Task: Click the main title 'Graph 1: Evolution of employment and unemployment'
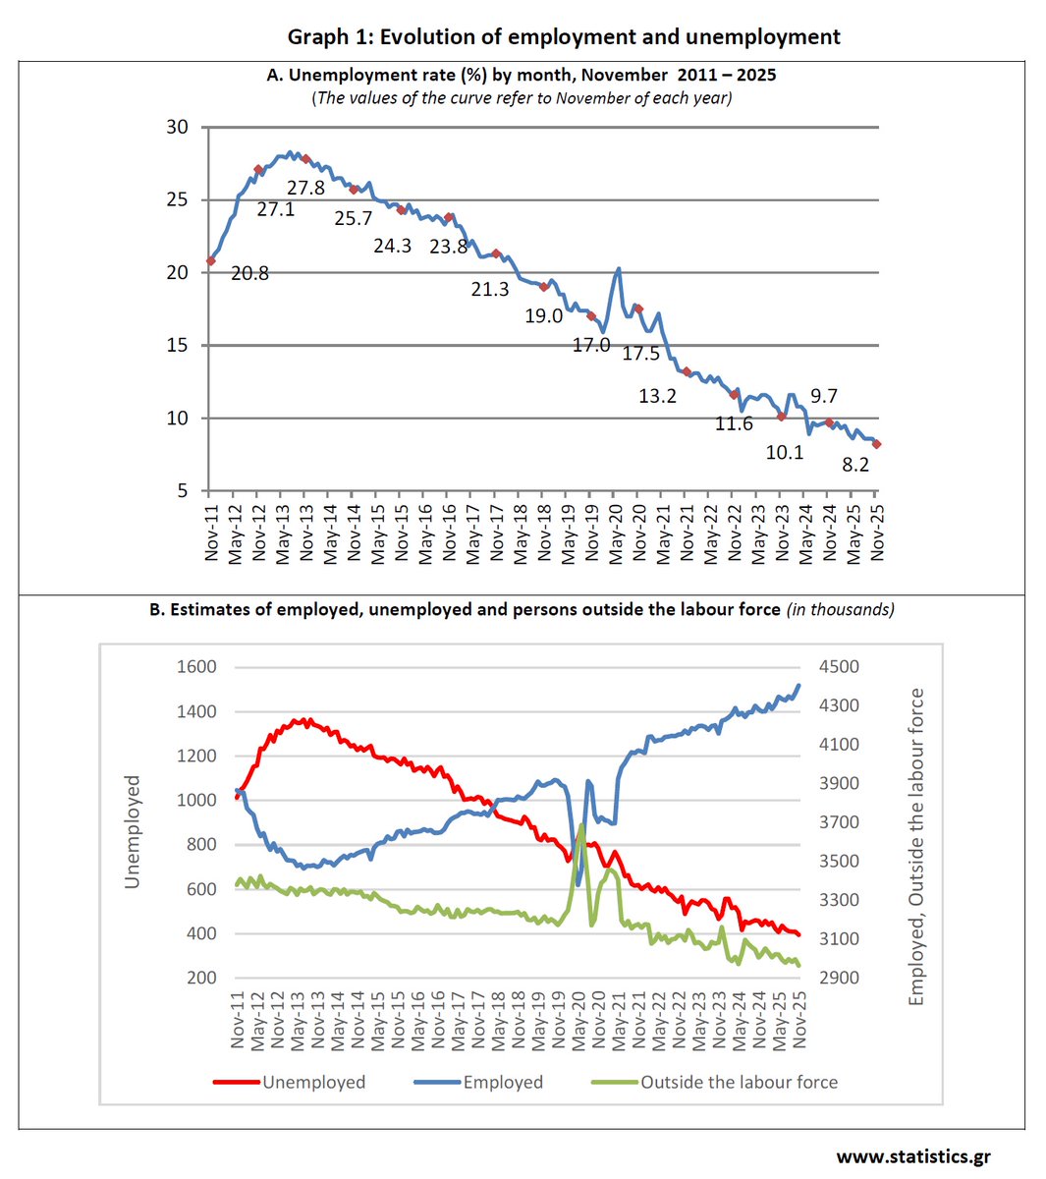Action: tap(564, 37)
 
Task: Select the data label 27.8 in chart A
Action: tap(305, 188)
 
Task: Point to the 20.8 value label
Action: tap(249, 274)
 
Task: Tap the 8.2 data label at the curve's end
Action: tap(855, 465)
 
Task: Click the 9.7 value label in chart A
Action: tap(824, 396)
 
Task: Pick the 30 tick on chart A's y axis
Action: tap(177, 127)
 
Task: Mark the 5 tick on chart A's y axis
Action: tap(183, 490)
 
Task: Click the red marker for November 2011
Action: tap(210, 260)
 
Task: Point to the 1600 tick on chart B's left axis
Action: tap(196, 667)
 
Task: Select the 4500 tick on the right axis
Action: tap(839, 667)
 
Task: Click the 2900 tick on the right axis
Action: tap(839, 978)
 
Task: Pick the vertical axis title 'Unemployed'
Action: tap(133, 831)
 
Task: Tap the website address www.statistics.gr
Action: tap(913, 1156)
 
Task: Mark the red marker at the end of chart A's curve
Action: tap(876, 444)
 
